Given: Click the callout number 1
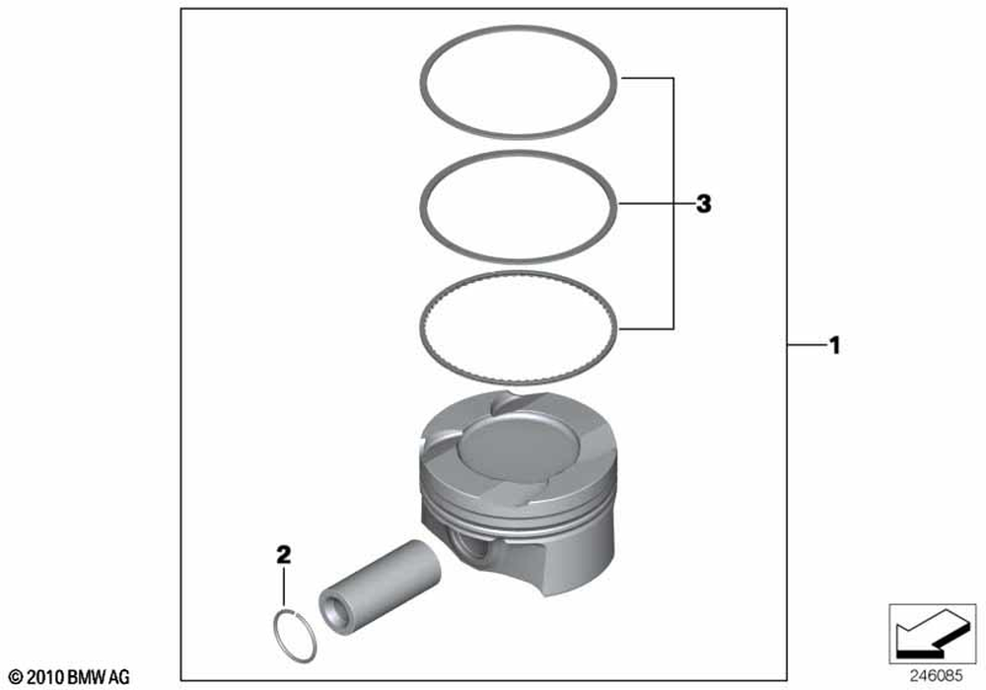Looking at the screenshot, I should [x=834, y=346].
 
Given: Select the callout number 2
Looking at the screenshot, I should [x=283, y=556].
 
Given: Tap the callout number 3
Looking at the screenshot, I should [x=702, y=204].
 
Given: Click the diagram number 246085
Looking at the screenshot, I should [x=931, y=676].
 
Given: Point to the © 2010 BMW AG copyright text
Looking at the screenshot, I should [x=65, y=677].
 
